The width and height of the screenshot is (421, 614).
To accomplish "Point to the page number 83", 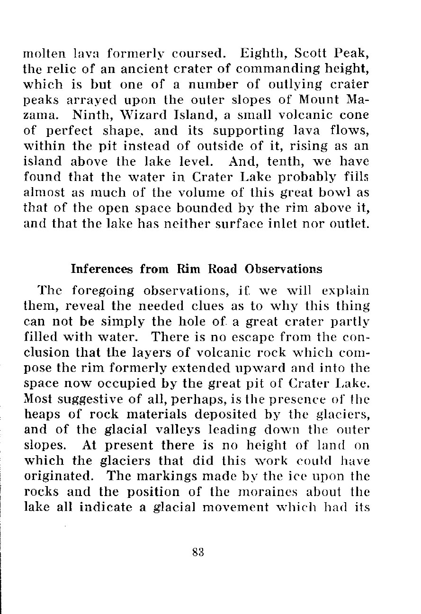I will tap(198, 551).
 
